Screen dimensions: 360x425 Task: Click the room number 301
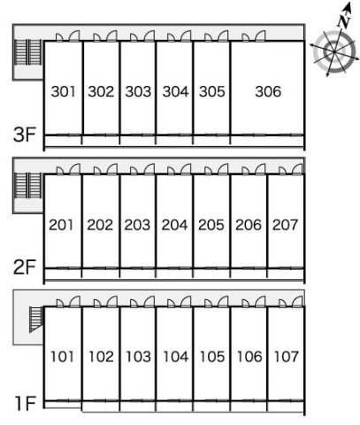coord(63,91)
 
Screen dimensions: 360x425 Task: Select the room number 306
coord(268,91)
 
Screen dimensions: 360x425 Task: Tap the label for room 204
coord(174,225)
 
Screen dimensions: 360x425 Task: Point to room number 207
coord(285,225)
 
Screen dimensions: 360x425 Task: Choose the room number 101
coord(62,357)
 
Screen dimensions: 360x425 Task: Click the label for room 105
coord(212,357)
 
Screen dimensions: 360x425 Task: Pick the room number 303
coord(138,91)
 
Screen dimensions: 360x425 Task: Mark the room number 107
coord(287,357)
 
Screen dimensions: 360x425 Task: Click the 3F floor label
coord(25,135)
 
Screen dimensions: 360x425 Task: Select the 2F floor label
coord(25,267)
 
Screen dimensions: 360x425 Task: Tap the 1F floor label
coord(26,404)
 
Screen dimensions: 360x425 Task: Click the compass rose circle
coord(334,52)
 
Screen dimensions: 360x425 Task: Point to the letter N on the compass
coord(344,21)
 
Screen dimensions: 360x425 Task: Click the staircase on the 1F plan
coord(36,320)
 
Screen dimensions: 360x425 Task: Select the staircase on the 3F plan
coord(27,52)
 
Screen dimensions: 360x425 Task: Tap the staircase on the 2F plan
coord(27,185)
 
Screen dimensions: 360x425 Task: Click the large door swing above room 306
coord(260,35)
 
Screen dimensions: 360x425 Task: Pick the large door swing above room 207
coord(297,169)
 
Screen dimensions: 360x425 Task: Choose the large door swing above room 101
coord(75,302)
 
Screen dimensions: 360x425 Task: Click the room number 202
coord(100,225)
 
